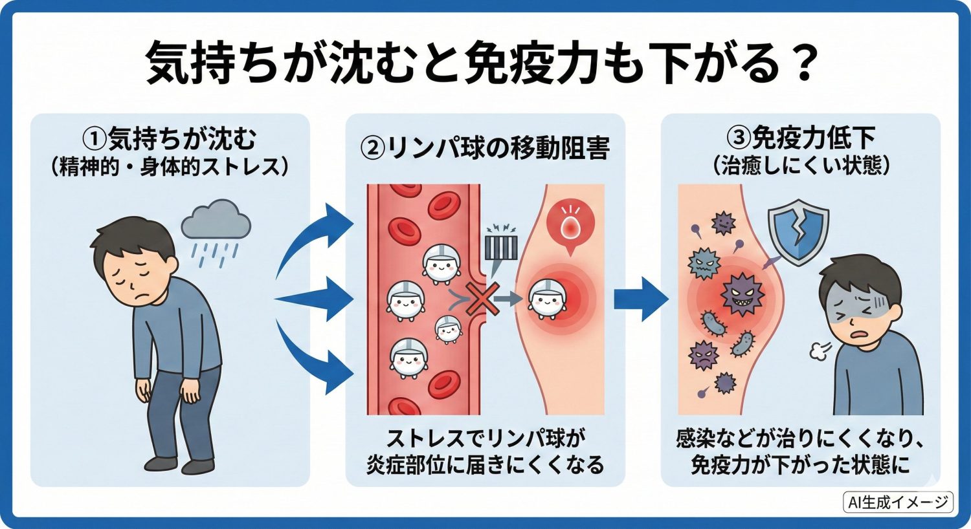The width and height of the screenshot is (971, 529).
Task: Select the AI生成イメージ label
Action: click(x=898, y=502)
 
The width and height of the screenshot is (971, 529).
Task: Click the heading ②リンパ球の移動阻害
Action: click(x=485, y=148)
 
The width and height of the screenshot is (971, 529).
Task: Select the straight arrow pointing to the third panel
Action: click(x=640, y=298)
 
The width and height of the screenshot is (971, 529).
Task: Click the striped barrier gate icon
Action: click(x=500, y=248)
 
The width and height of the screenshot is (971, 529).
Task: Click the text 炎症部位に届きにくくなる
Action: click(x=485, y=465)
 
